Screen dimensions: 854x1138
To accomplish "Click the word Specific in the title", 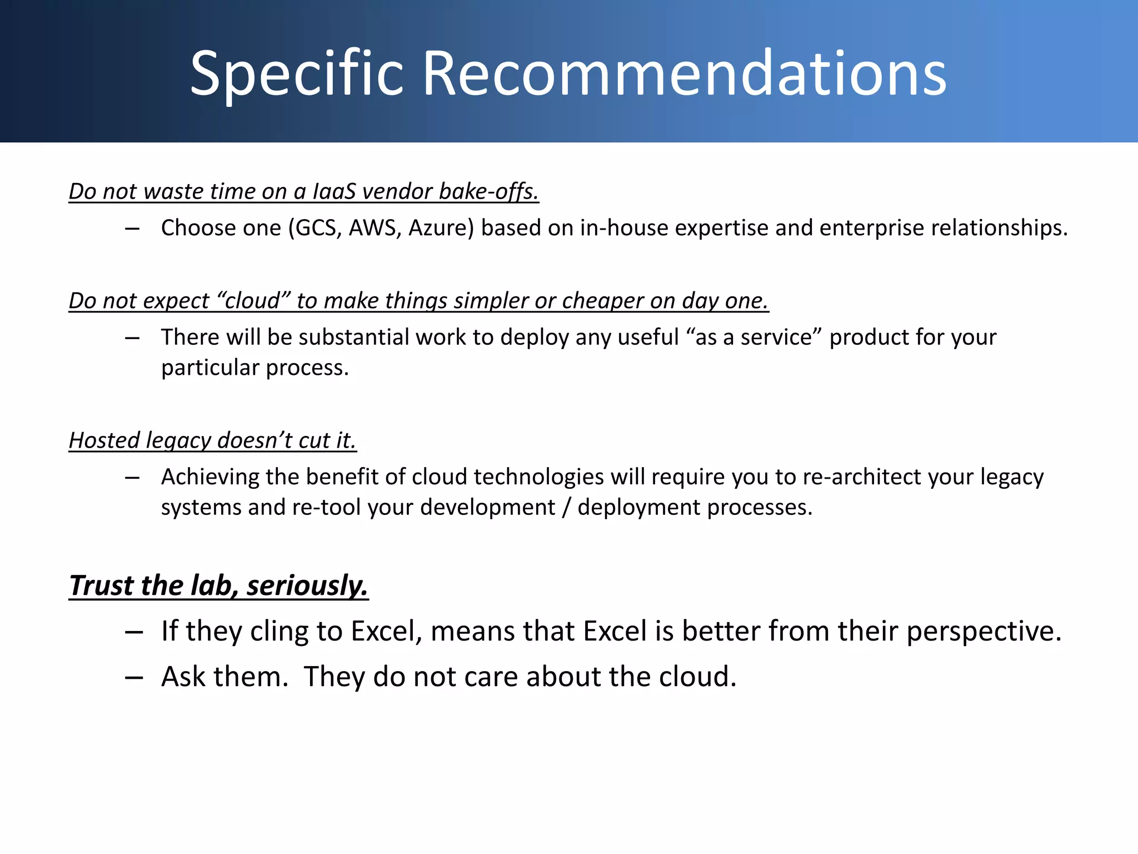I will (x=296, y=74).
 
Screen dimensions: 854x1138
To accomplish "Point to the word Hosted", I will (x=104, y=440).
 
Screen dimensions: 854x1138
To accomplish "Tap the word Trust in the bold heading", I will (x=102, y=585).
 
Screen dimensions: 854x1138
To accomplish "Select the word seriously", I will (x=307, y=585).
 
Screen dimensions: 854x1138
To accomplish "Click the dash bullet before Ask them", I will (x=134, y=677).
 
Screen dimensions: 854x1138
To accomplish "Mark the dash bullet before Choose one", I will (x=132, y=228).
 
